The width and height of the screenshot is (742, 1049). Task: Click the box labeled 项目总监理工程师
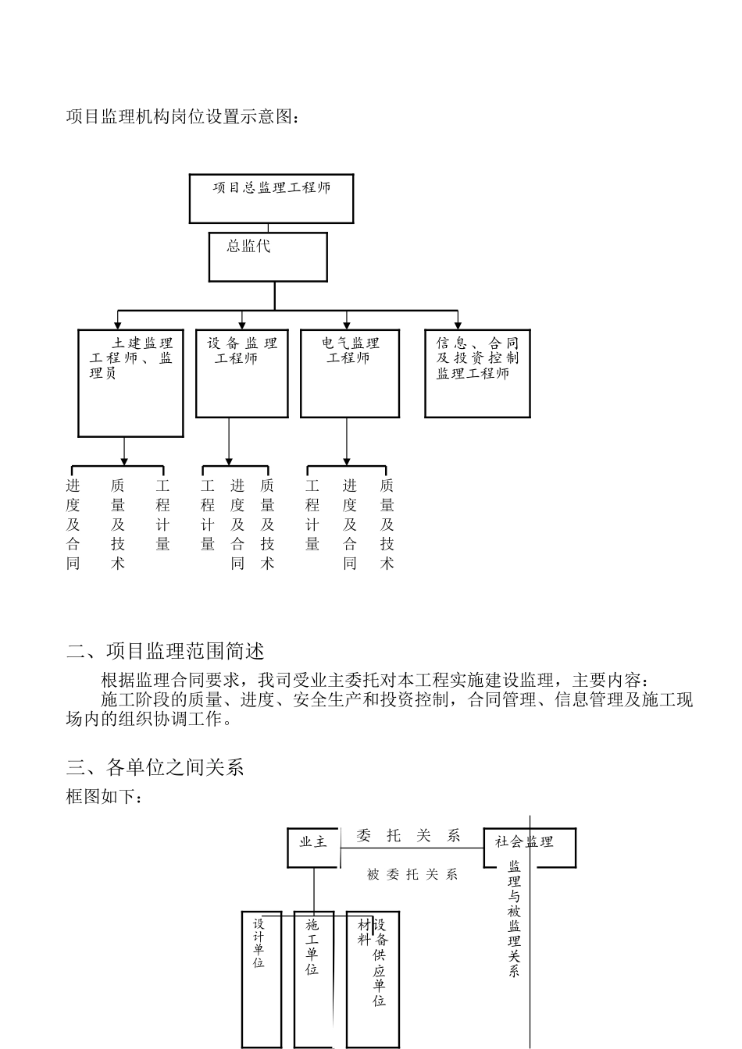271,198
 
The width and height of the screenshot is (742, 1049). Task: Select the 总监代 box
267,257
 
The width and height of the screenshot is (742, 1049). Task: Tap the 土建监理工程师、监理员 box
130,382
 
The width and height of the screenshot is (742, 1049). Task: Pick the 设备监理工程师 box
241,373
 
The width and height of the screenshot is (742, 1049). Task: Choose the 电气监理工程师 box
350,373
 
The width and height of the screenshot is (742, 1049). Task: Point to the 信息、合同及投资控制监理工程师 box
477,373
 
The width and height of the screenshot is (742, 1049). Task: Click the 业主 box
313,847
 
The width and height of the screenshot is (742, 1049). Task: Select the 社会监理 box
530,847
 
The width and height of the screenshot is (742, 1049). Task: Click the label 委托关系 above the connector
408,836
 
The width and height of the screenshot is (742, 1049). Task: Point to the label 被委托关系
412,875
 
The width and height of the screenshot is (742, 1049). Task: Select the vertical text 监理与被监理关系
514,918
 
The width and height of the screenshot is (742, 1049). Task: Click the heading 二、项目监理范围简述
166,650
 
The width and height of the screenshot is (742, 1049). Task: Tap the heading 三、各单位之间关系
155,768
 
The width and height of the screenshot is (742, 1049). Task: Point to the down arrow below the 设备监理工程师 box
229,460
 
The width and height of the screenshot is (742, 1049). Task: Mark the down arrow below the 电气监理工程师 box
347,460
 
